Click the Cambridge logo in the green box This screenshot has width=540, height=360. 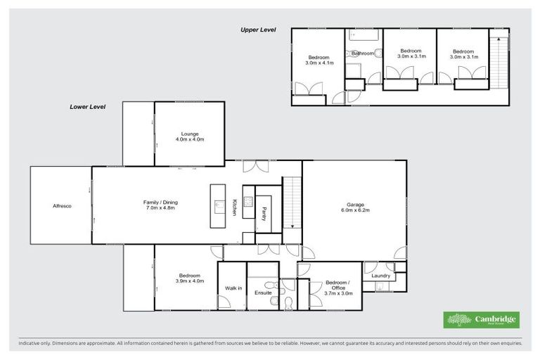[x=481, y=320]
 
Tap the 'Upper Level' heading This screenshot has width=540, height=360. [x=257, y=30]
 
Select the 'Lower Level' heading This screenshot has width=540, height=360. [x=87, y=107]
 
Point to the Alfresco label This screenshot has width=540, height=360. [x=62, y=206]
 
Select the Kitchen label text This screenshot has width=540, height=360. [x=235, y=207]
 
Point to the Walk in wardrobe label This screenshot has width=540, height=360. [x=233, y=288]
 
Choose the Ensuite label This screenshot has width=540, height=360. [x=263, y=292]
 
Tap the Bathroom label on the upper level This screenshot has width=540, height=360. [x=363, y=53]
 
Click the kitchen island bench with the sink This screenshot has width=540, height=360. [x=217, y=205]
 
